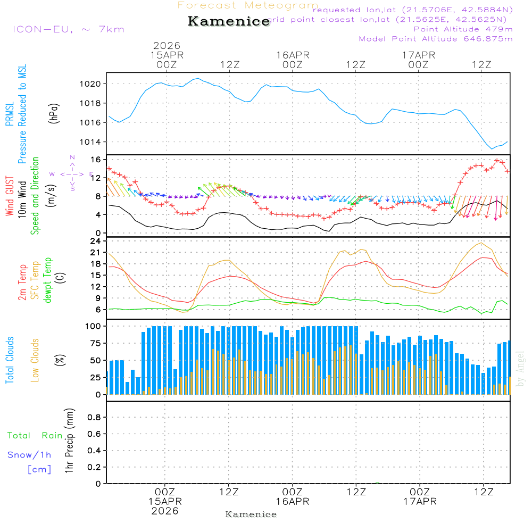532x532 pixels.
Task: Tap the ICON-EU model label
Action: tap(68, 29)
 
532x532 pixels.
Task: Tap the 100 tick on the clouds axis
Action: tap(94, 326)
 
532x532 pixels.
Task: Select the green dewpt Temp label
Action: tap(48, 280)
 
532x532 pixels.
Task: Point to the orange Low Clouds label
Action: tap(35, 360)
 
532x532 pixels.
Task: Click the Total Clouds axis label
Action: tap(10, 360)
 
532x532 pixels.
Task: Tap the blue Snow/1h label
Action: tap(29, 455)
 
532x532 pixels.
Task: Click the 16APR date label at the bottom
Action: tap(292, 501)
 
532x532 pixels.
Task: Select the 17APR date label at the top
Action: tap(419, 55)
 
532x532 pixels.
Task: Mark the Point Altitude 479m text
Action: tap(463, 29)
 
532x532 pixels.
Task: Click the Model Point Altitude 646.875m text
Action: tap(436, 39)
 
